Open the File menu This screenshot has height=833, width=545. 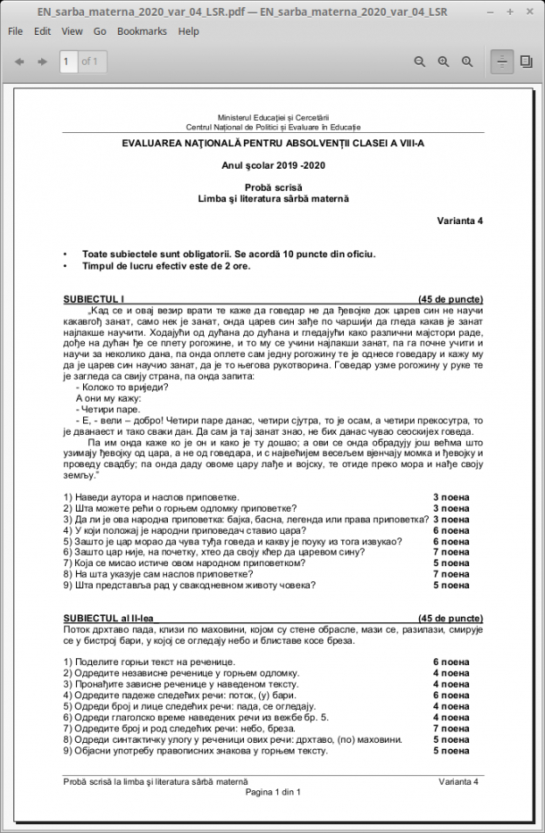coord(15,31)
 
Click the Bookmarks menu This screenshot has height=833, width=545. coord(142,31)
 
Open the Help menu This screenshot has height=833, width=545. coord(189,31)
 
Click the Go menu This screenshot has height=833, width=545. coord(100,31)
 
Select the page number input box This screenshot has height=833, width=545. coord(67,62)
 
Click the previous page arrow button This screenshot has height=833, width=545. coord(18,62)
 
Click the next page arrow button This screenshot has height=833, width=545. coord(41,62)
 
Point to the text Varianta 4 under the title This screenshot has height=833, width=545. coord(459,220)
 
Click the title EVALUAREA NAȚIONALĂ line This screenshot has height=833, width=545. coord(273,143)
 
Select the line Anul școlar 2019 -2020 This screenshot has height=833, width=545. coord(273,165)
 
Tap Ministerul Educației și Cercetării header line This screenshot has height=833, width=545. coord(273,118)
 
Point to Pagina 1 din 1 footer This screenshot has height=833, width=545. coord(272,792)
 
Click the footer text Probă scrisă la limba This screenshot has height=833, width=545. coord(155,781)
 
